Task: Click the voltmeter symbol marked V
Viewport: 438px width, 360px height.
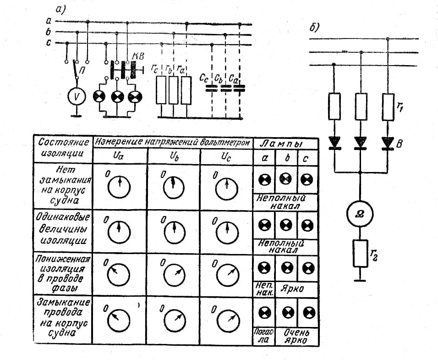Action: tap(76, 96)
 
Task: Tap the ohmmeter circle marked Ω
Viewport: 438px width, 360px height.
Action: tap(360, 214)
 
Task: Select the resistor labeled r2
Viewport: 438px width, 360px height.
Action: tap(360, 253)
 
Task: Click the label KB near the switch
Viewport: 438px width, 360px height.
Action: tap(138, 56)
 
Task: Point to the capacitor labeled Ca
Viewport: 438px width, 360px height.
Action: tap(239, 89)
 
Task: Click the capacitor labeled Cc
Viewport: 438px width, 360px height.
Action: tap(212, 89)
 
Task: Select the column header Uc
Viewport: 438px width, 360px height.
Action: tap(226, 157)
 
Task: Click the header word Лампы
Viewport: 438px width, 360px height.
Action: tap(282, 144)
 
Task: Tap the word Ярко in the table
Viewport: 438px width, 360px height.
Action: tap(292, 288)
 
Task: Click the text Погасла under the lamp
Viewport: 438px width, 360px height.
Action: tap(264, 335)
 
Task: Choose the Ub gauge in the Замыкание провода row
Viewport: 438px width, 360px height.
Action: tap(174, 321)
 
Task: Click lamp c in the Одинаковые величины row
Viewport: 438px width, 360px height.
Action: tap(307, 225)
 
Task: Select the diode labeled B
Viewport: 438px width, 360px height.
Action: tap(388, 143)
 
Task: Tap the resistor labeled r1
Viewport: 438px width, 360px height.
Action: tap(388, 107)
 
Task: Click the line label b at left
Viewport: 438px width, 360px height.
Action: tap(48, 32)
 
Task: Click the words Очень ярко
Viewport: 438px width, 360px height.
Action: tap(296, 336)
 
